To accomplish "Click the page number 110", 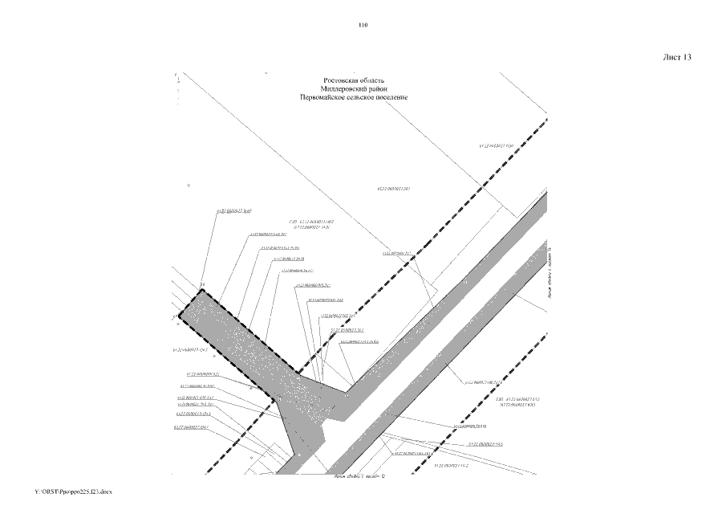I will click(363, 26).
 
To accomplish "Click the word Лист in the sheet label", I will click(672, 57).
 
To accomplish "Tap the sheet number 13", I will click(687, 57).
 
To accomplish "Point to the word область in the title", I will click(374, 80).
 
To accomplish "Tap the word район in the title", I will click(379, 88).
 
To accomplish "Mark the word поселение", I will click(391, 96).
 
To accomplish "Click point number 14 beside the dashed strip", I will click(203, 285).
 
